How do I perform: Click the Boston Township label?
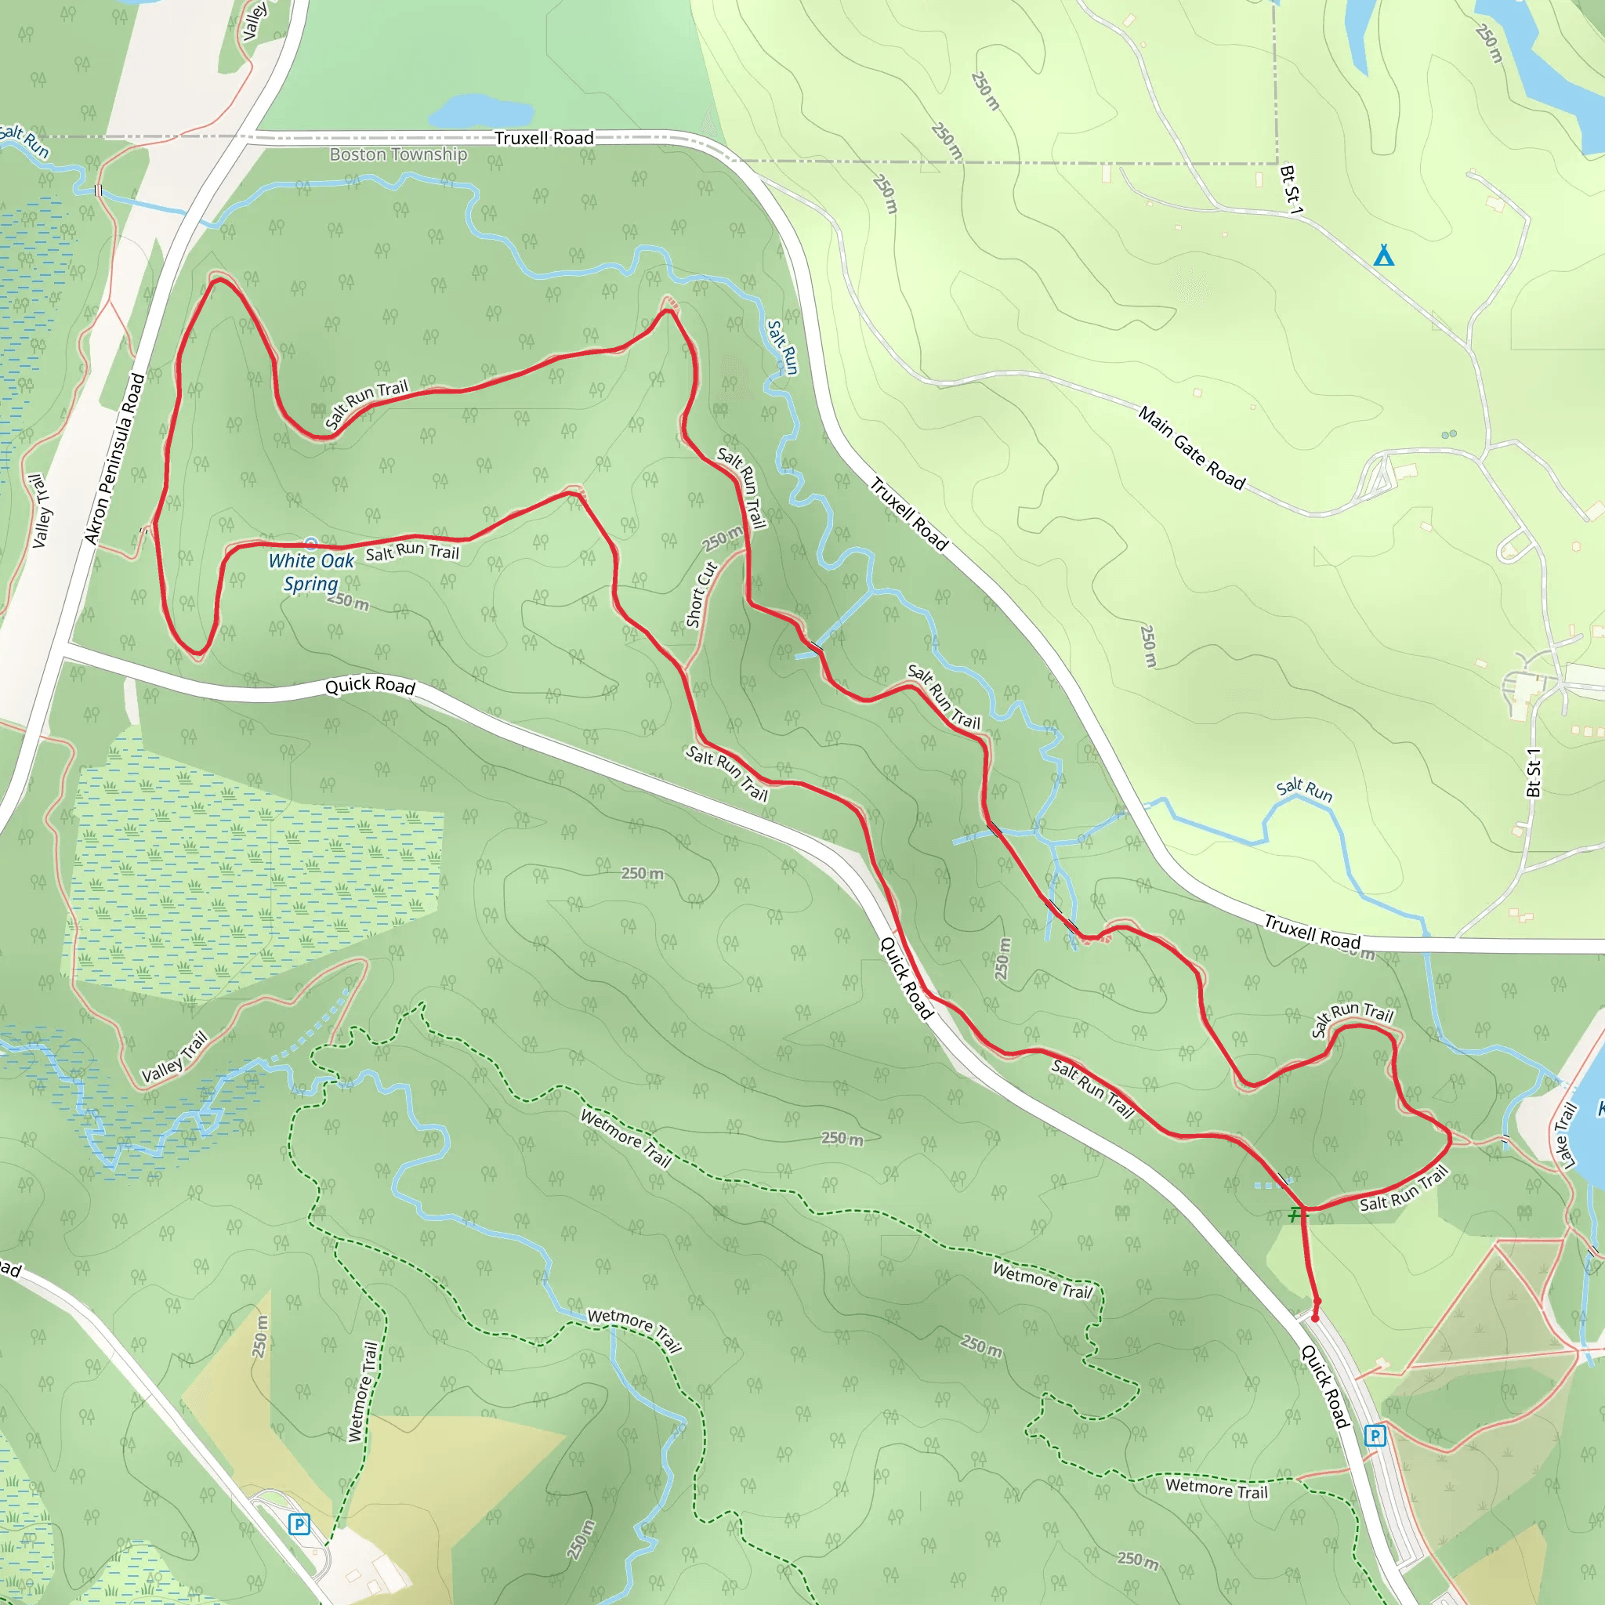(398, 154)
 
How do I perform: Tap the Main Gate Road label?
(1191, 447)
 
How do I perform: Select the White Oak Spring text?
(310, 572)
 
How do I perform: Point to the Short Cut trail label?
(701, 595)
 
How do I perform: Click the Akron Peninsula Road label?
(114, 459)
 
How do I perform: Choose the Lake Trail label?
(1565, 1136)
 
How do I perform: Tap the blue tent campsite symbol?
(1383, 255)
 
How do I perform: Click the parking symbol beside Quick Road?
(1375, 1436)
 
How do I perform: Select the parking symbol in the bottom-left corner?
(299, 1524)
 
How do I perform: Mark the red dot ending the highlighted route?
(1315, 1317)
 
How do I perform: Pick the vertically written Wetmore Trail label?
(362, 1392)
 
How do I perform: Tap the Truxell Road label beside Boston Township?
(544, 138)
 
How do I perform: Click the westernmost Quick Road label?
(370, 686)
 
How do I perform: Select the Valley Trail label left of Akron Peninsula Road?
(40, 511)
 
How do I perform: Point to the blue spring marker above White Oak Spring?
(310, 543)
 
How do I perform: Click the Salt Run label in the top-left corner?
(25, 141)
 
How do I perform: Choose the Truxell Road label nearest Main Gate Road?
(908, 514)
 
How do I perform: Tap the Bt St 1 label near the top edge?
(1290, 190)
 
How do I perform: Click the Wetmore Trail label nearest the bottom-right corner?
(1216, 1488)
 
